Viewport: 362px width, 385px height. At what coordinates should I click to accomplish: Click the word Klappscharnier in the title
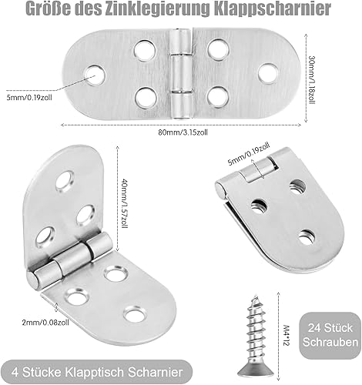(x=273, y=9)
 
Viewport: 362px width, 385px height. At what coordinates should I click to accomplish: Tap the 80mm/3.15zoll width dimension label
(x=183, y=132)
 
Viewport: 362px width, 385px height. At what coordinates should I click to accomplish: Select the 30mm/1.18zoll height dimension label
(x=312, y=79)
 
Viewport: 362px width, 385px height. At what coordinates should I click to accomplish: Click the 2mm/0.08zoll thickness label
(x=45, y=322)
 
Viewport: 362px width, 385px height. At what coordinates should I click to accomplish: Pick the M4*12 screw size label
(x=287, y=336)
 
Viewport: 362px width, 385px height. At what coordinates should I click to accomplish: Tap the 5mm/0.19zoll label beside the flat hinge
(x=29, y=97)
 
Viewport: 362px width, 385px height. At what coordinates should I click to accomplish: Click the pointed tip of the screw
(x=255, y=296)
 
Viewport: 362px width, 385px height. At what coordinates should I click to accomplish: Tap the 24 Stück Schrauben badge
(x=330, y=335)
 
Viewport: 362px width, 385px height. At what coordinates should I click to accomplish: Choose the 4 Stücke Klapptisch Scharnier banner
(x=97, y=372)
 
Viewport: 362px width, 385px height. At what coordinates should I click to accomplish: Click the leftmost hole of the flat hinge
(x=95, y=75)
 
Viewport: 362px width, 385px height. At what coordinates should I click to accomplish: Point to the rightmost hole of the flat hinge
(x=268, y=73)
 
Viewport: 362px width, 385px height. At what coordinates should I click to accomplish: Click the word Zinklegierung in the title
(x=158, y=9)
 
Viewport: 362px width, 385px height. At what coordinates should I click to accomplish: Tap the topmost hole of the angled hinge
(x=65, y=181)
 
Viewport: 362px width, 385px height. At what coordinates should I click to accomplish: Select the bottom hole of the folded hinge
(x=307, y=237)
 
